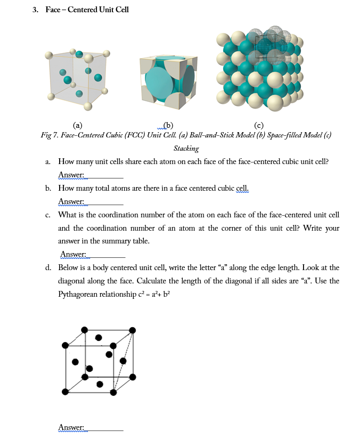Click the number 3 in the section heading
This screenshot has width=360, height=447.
35,10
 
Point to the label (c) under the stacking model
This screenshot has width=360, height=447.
259,125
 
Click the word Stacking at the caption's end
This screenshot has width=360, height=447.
186,148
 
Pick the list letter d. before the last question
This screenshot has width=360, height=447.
48,267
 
